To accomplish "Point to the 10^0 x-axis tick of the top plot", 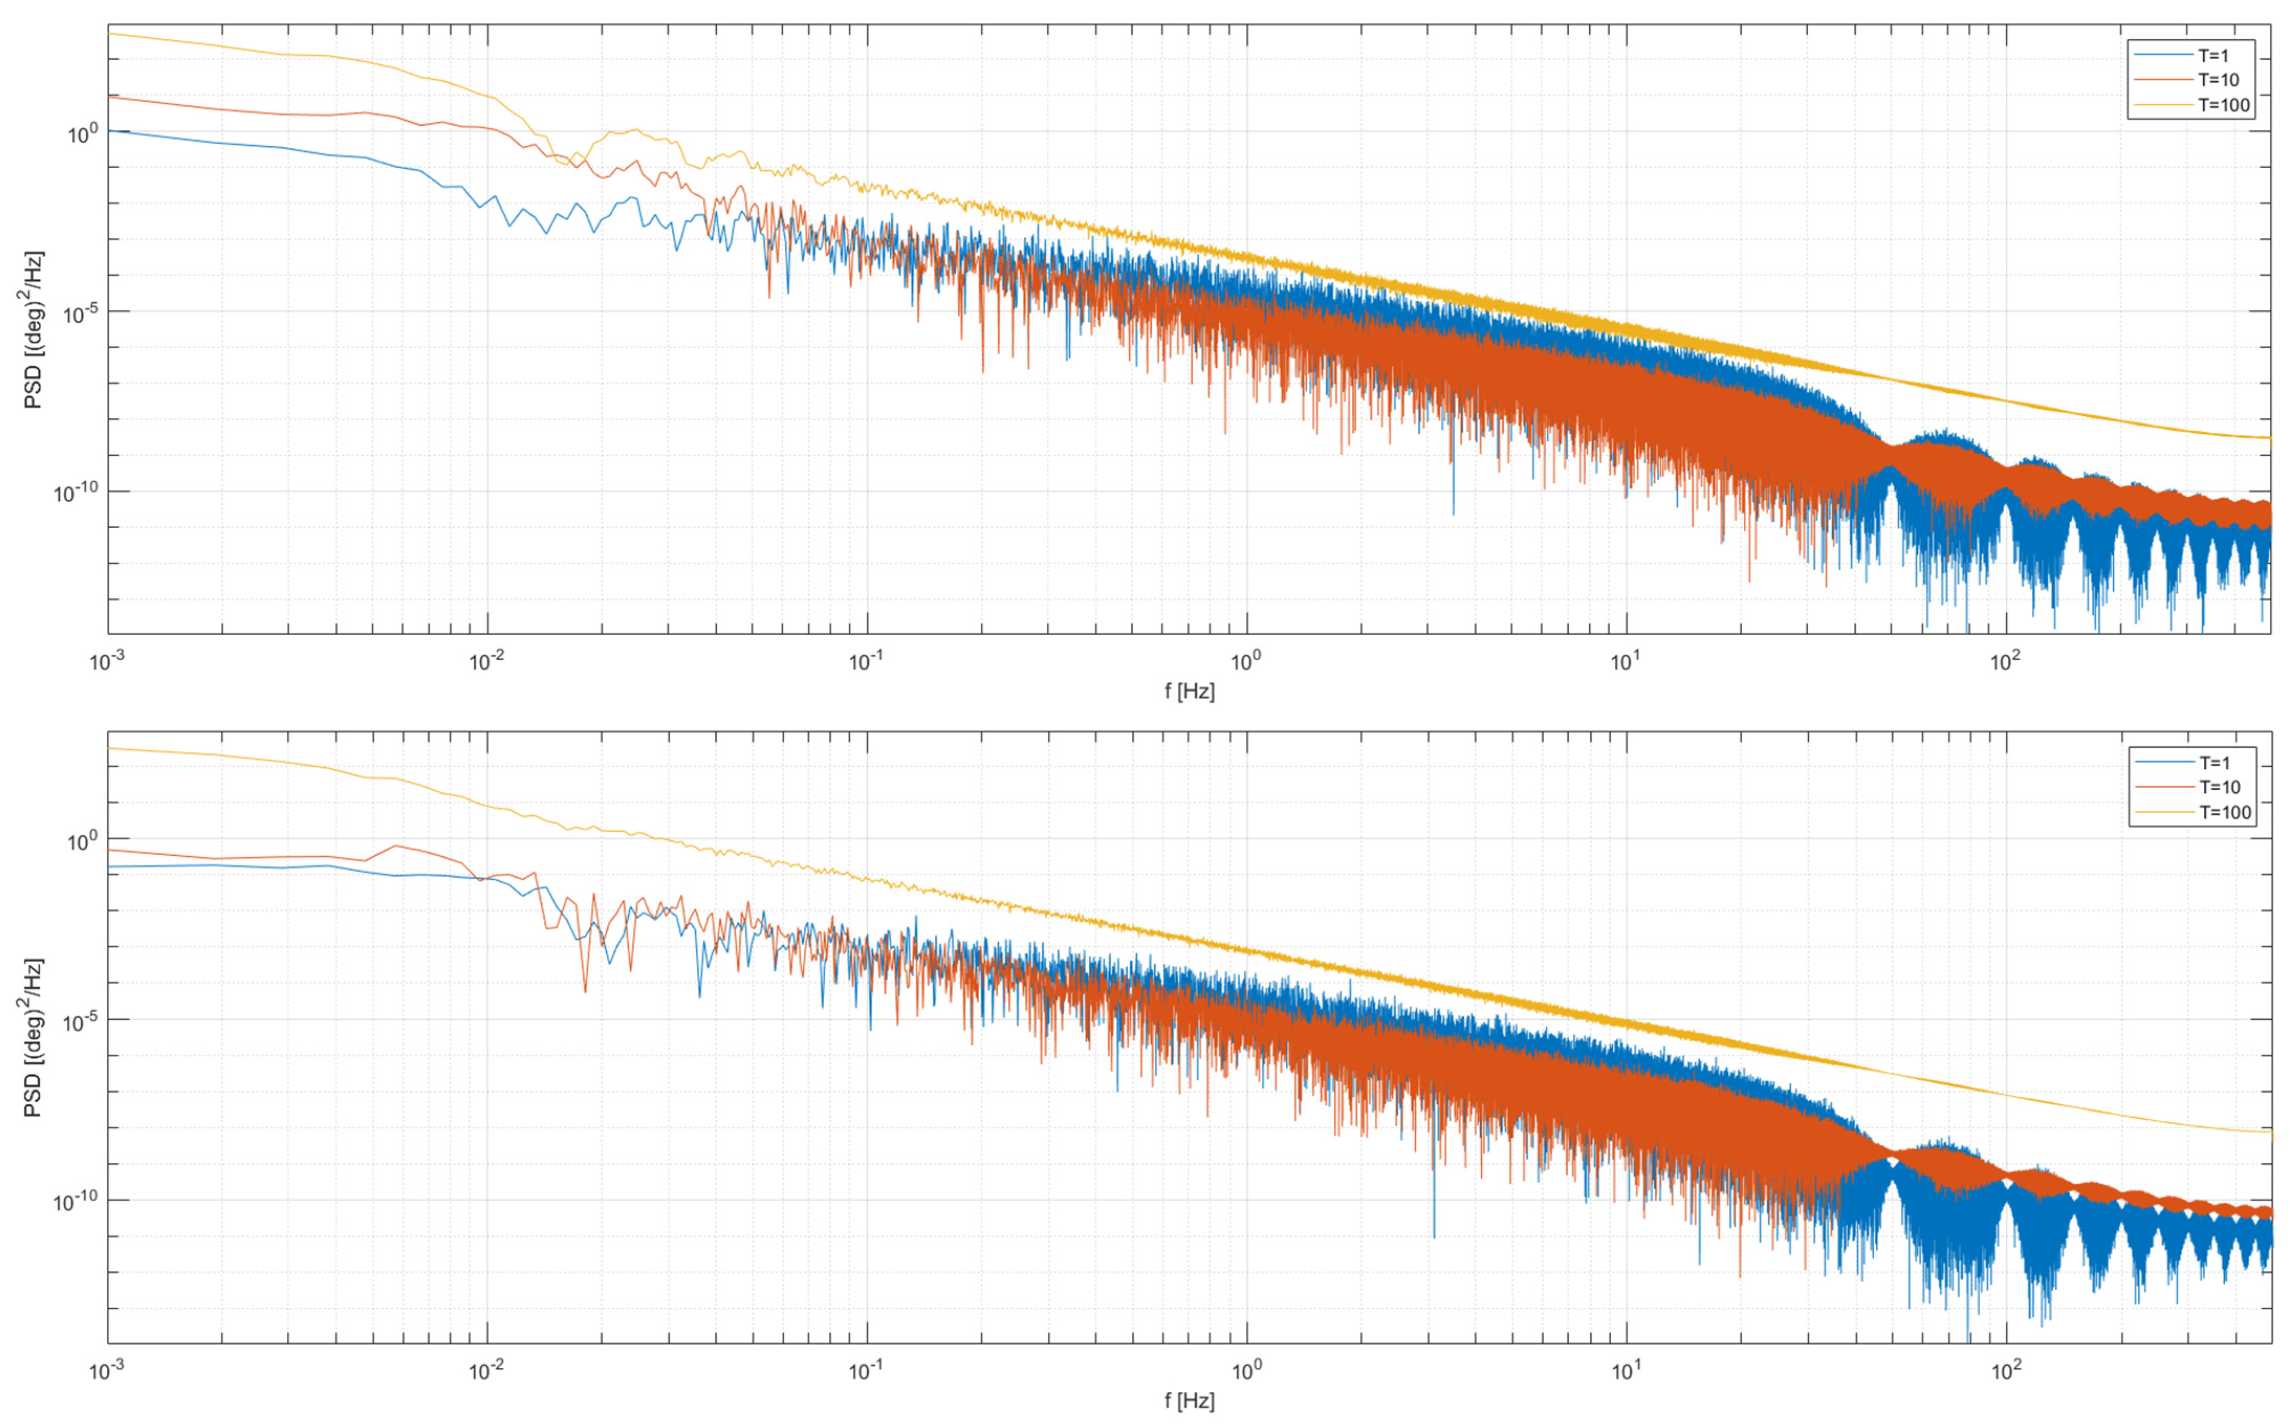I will point(1246,661).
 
